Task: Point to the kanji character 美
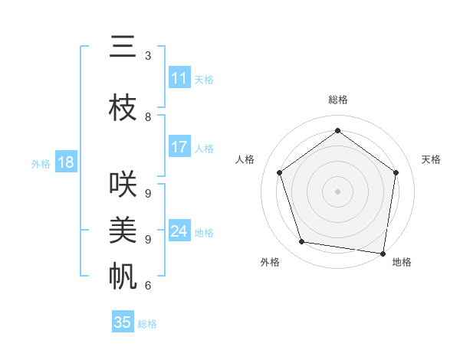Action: click(123, 230)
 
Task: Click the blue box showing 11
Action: click(179, 78)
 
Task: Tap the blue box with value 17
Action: click(179, 147)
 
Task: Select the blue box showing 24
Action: click(179, 231)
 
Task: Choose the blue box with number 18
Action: click(65, 162)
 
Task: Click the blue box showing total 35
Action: click(123, 322)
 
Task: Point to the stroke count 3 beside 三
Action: click(147, 56)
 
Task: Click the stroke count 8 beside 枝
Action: click(147, 117)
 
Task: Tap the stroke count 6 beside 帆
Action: click(147, 286)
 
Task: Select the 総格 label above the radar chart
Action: click(338, 100)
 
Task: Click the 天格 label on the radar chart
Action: click(432, 159)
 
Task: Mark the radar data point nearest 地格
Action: click(383, 253)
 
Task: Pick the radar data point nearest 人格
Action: click(279, 172)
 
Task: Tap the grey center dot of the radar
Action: click(338, 191)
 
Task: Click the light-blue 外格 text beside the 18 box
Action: click(40, 163)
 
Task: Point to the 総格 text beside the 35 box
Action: click(147, 323)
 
